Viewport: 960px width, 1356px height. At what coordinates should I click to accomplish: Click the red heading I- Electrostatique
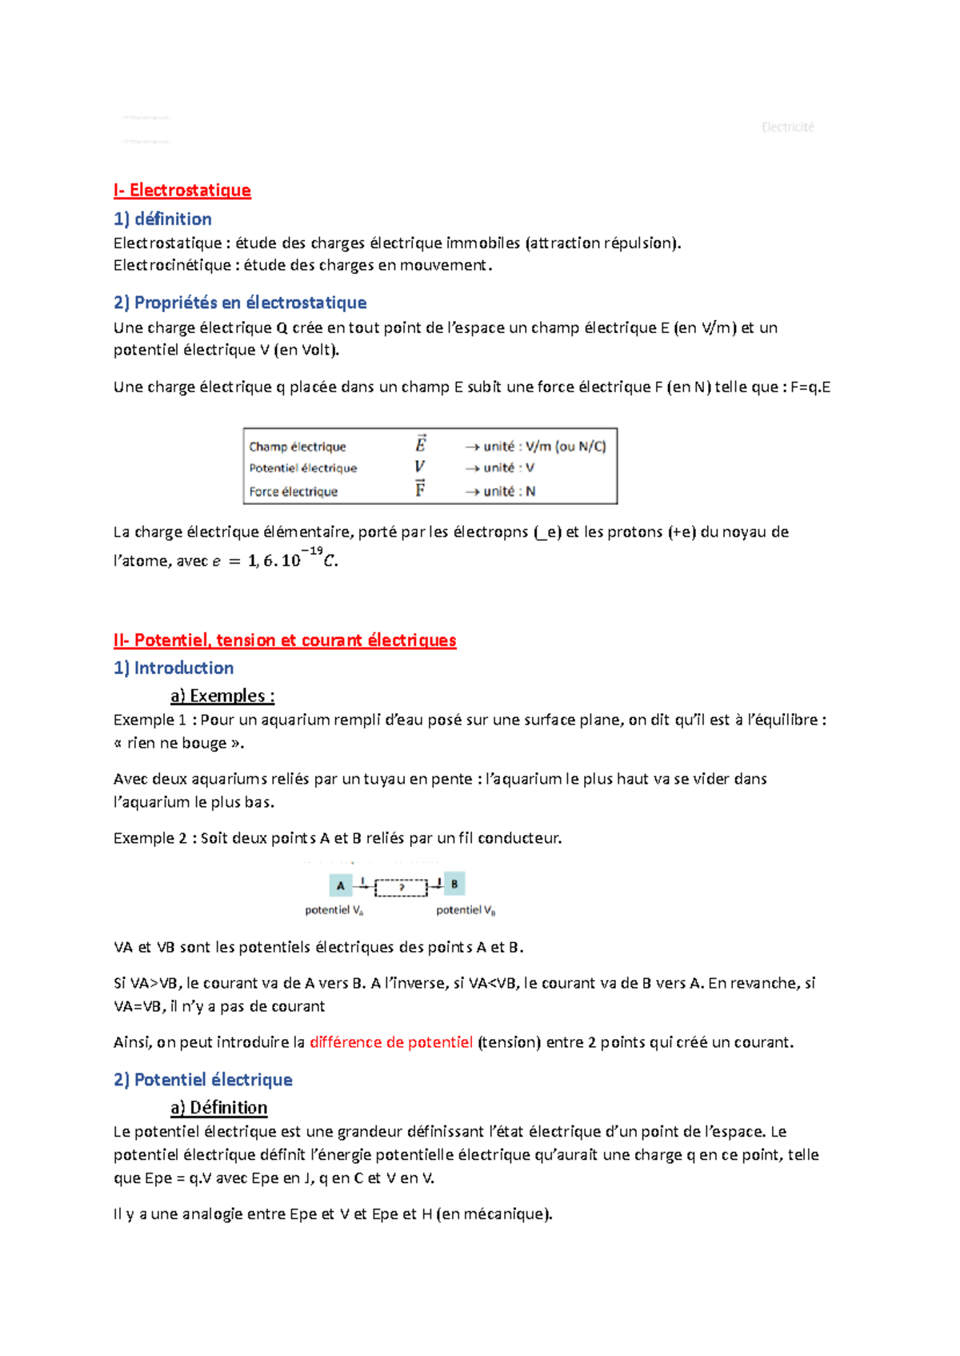(182, 191)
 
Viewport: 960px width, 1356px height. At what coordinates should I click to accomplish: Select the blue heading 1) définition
(162, 219)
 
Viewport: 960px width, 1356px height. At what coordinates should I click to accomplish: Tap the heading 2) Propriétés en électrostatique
(240, 303)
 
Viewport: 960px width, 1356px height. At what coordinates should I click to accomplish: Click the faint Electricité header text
(787, 127)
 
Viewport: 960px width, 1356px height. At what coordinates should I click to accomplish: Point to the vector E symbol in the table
(420, 444)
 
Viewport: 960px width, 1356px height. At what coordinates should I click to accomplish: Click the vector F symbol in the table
(420, 489)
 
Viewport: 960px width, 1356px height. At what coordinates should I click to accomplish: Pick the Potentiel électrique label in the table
(302, 468)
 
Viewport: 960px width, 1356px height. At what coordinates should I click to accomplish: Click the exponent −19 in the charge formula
(312, 551)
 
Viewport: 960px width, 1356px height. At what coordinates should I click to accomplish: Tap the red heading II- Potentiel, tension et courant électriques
(285, 640)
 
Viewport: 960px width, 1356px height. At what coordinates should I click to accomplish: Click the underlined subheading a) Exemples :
(222, 696)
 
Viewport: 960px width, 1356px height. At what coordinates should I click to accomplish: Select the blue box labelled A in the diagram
(340, 885)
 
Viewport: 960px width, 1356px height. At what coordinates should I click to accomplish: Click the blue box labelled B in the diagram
(454, 885)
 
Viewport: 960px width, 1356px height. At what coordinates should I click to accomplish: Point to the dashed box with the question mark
(401, 887)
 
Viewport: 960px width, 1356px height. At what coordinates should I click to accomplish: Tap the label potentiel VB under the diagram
(466, 910)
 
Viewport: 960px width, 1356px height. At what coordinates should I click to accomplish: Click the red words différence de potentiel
(391, 1042)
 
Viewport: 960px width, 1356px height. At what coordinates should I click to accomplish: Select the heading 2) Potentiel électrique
(203, 1080)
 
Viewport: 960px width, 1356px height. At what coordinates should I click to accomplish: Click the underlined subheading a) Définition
(219, 1108)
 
